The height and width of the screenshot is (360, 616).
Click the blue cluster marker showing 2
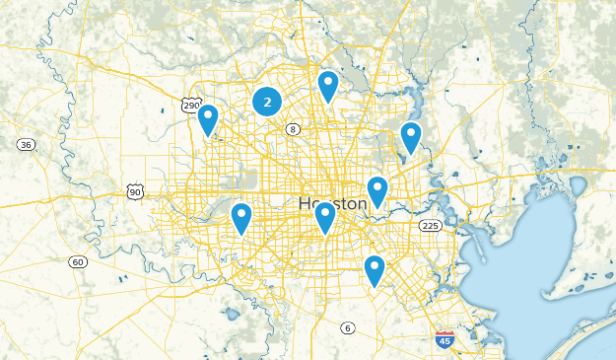tap(267, 101)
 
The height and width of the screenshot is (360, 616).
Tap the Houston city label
tap(332, 203)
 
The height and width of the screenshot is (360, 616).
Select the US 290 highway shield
tap(192, 106)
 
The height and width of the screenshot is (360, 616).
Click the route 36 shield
tap(27, 145)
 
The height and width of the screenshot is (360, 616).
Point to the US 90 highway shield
tap(134, 191)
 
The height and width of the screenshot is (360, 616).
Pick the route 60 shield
tap(77, 261)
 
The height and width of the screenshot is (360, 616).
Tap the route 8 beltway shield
tap(293, 129)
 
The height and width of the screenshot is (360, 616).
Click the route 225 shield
tap(430, 226)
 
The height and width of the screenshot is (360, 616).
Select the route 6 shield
tap(347, 327)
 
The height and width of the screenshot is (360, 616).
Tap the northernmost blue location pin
tap(328, 86)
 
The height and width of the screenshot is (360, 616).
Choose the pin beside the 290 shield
tap(208, 119)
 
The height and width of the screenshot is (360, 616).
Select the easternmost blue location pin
tap(411, 137)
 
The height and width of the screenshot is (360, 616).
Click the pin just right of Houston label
tap(377, 191)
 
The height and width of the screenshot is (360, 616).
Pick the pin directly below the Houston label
tap(325, 216)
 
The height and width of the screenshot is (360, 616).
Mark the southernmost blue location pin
tap(374, 269)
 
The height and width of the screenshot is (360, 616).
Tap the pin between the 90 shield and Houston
tap(241, 218)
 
